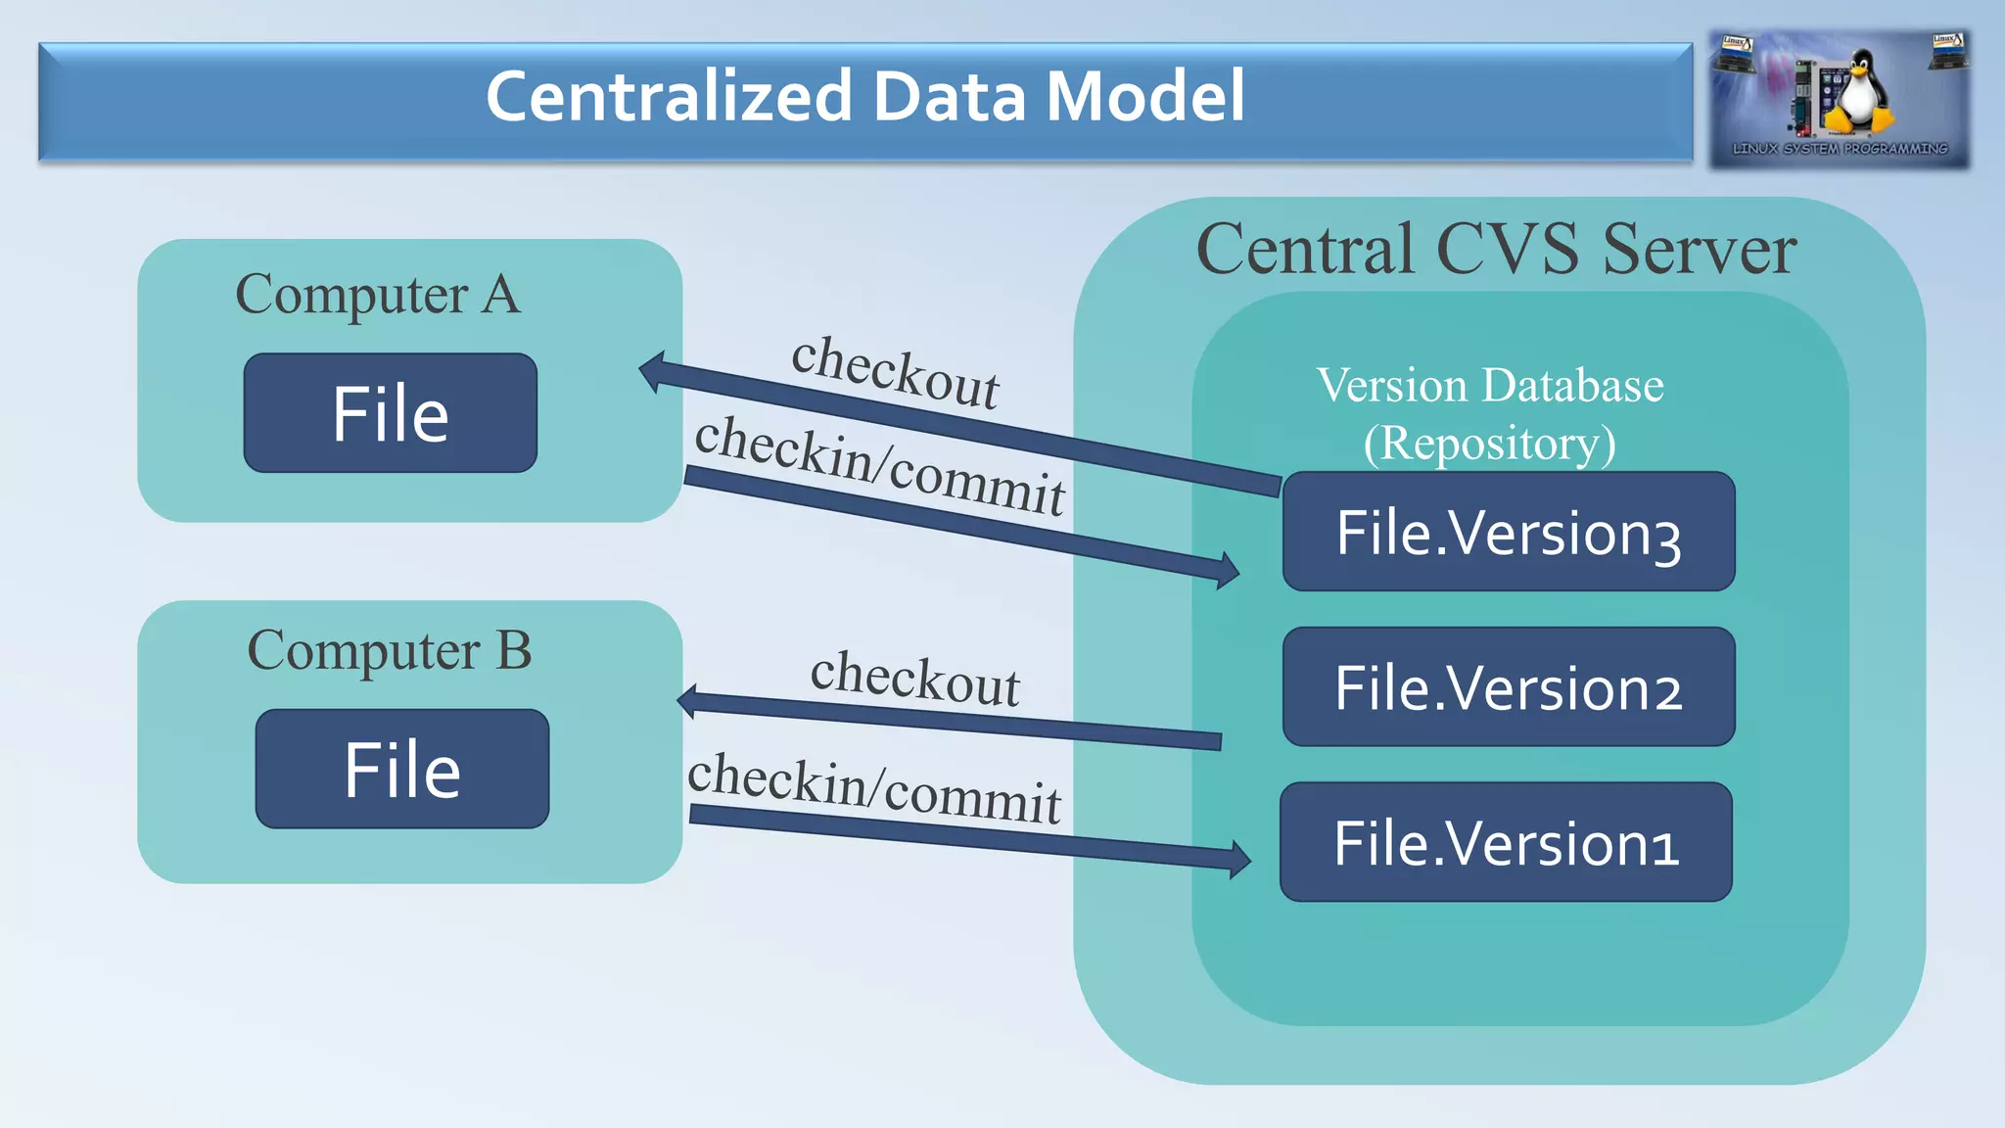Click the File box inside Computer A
390,413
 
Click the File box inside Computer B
401,770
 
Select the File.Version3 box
1508,532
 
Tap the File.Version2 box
1508,687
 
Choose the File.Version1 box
1506,842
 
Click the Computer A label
378,295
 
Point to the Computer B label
390,651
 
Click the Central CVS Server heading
1496,249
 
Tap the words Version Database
1489,385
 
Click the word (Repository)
1489,443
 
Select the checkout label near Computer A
895,372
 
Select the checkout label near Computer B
914,678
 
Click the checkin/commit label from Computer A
879,465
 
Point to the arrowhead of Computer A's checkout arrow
652,372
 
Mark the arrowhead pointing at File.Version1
1239,860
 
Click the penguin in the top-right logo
1856,93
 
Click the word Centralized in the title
669,97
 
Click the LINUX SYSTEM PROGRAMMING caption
1840,149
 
